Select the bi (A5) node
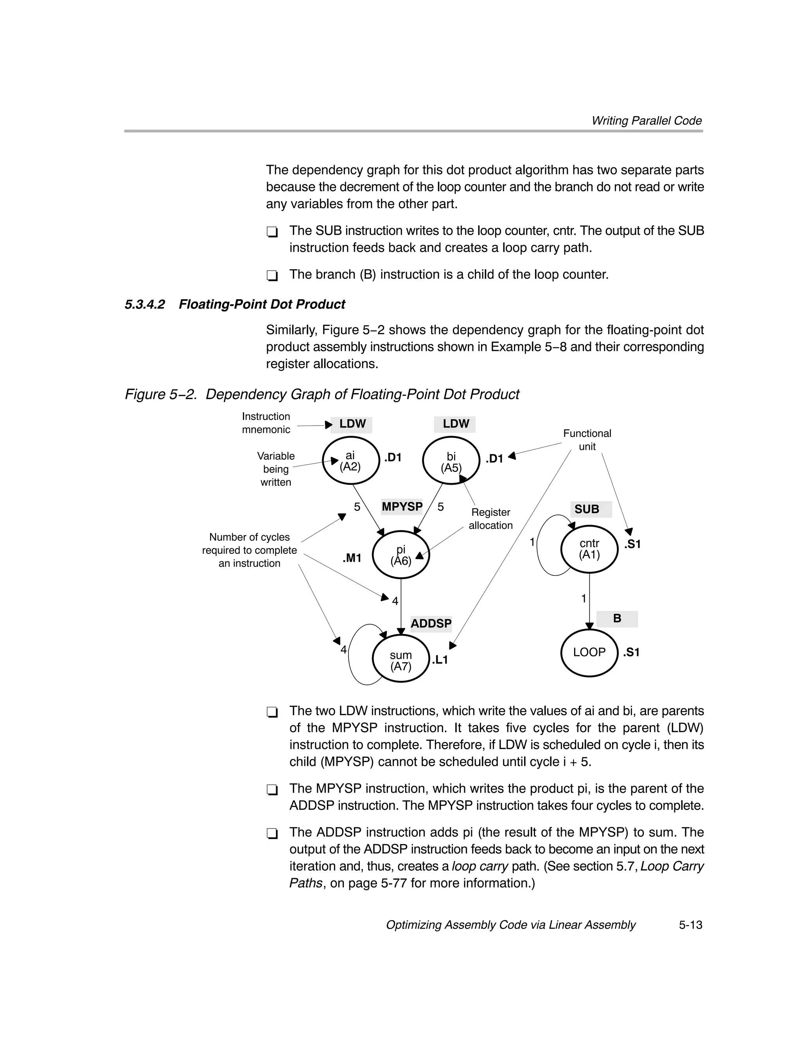451,462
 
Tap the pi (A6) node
401,555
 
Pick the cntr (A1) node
589,549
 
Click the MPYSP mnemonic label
402,507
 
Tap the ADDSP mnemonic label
431,624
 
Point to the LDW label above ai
352,424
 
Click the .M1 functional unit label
352,558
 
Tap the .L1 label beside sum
440,660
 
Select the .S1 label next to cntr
632,544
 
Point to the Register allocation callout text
490,519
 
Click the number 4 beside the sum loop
343,650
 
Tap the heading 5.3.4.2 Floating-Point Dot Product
235,304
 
